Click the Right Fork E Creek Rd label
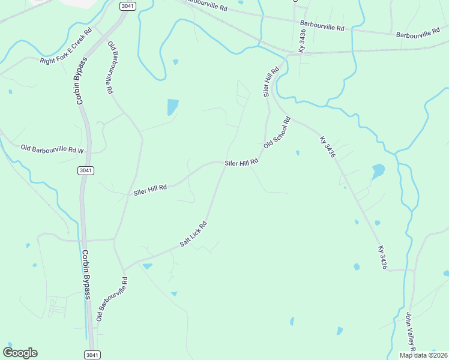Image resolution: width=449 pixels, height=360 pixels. [x=65, y=46]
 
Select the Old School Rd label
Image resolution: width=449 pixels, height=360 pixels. [x=277, y=132]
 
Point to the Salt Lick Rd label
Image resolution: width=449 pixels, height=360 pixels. [x=193, y=235]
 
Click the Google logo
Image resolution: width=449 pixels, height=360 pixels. [x=20, y=352]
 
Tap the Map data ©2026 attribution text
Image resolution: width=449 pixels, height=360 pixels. [x=423, y=355]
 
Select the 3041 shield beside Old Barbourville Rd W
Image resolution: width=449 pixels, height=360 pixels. [x=85, y=170]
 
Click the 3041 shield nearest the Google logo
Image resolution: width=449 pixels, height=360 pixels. [x=91, y=355]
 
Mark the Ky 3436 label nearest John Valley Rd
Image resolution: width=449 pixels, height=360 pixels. [x=382, y=257]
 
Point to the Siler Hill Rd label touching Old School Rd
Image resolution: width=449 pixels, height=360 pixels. [x=241, y=162]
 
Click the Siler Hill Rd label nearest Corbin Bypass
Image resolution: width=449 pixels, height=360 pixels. [x=150, y=190]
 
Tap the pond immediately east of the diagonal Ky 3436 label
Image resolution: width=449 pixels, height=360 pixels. [x=378, y=172]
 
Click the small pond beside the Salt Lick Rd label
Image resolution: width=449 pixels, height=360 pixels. [x=148, y=265]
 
